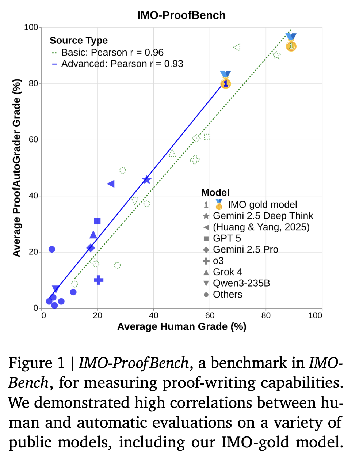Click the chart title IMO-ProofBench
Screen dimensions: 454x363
pos(181,15)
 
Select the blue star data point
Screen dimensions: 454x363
pos(147,179)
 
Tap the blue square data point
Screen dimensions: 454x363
pos(97,221)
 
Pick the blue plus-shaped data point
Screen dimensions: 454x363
pos(99,280)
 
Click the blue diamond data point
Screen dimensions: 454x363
pos(91,248)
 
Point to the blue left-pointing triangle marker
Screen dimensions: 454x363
pos(111,184)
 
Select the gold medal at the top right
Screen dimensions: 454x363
pos(291,45)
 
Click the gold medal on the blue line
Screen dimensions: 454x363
pos(225,83)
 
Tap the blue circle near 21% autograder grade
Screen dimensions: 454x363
pos(52,249)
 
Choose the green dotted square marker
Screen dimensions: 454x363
pos(207,137)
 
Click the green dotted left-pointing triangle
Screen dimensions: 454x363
pos(237,47)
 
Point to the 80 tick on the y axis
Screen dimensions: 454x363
pos(34,83)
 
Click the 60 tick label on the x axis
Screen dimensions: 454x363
pos(210,315)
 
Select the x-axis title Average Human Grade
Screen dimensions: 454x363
pos(181,326)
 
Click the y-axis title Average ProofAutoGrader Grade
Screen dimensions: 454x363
pos(16,168)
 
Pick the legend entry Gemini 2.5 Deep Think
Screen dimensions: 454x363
pos(263,216)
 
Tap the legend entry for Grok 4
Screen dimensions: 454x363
pos(227,272)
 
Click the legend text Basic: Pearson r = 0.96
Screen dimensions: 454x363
pos(112,52)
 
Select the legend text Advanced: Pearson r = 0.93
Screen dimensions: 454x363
pos(122,64)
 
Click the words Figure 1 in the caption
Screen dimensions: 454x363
pos(36,363)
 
